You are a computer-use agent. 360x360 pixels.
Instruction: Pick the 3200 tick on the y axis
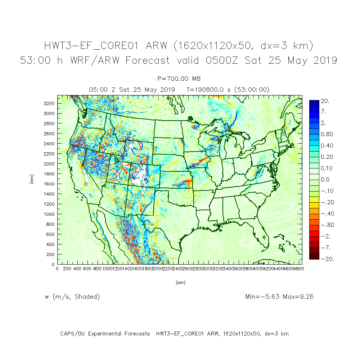(x=49, y=103)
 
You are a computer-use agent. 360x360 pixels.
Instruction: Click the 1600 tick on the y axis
(x=49, y=184)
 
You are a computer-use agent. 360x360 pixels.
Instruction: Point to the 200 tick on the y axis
(x=51, y=254)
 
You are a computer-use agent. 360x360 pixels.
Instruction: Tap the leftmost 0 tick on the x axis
(x=57, y=269)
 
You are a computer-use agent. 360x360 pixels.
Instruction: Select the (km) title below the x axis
(x=180, y=283)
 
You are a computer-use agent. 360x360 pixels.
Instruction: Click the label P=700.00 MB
(x=179, y=78)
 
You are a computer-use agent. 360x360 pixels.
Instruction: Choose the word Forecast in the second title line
(x=148, y=60)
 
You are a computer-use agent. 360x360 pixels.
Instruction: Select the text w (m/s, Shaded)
(x=72, y=297)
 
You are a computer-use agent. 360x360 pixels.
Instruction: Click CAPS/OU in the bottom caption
(x=72, y=334)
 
